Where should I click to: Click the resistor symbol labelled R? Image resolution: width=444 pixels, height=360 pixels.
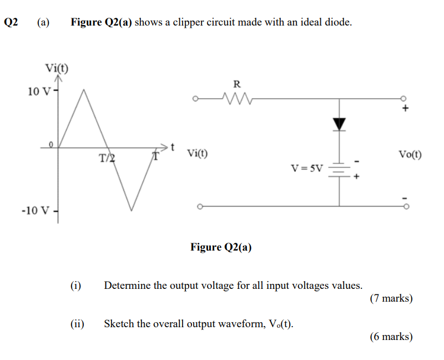point(236,100)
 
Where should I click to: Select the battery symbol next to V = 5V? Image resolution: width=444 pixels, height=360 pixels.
point(339,169)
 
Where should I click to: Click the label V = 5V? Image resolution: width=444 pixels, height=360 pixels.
point(306,167)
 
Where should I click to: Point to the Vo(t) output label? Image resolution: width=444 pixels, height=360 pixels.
point(410,154)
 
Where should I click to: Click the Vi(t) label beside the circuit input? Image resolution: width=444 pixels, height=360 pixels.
point(198,153)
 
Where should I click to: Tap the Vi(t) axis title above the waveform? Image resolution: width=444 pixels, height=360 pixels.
point(57,69)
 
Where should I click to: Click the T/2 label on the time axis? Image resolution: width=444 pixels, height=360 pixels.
point(107,158)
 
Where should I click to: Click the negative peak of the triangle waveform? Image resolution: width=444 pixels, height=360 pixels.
point(131,210)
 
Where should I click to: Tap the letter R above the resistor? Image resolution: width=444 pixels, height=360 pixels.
point(236,84)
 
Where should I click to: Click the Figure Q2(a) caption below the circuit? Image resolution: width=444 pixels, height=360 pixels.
point(221,247)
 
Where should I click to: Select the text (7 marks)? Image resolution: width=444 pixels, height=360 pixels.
point(391,298)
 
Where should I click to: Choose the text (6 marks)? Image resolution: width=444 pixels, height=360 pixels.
point(391,336)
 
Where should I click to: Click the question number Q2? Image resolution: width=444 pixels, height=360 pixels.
point(11,23)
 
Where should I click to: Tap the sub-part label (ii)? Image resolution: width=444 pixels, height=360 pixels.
point(77,323)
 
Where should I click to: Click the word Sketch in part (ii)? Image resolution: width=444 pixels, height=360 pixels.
point(119,323)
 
